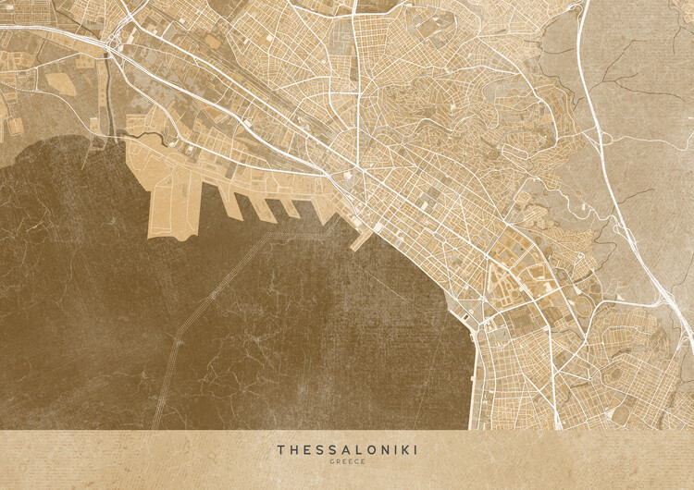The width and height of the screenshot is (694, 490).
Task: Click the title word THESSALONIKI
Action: click(x=347, y=449)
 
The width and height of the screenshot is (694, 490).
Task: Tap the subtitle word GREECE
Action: click(x=347, y=461)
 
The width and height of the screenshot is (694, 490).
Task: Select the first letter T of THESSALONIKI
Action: click(x=280, y=449)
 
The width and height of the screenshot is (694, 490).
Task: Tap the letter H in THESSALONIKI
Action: click(x=292, y=449)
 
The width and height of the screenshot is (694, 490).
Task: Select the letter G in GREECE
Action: click(x=330, y=461)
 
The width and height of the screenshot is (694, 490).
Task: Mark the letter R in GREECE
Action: click(x=337, y=461)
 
